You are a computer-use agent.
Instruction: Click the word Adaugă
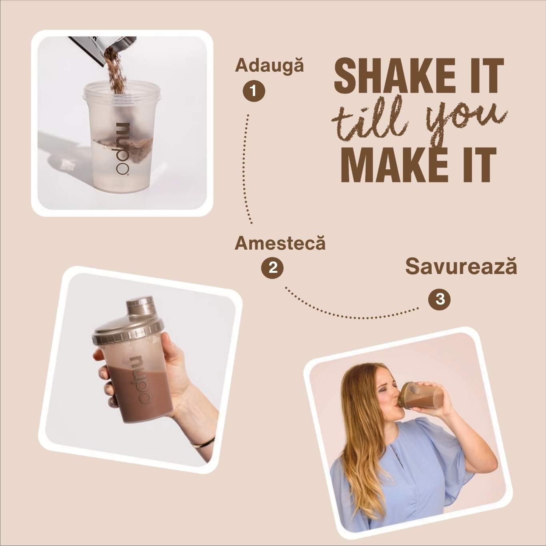(269, 65)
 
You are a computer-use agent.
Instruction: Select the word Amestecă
(280, 243)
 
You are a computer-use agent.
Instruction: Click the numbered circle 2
(272, 268)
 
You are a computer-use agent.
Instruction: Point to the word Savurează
(461, 266)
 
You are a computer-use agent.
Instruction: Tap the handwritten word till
(370, 120)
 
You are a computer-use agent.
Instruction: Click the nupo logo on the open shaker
(123, 149)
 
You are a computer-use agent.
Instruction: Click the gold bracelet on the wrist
(203, 442)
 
